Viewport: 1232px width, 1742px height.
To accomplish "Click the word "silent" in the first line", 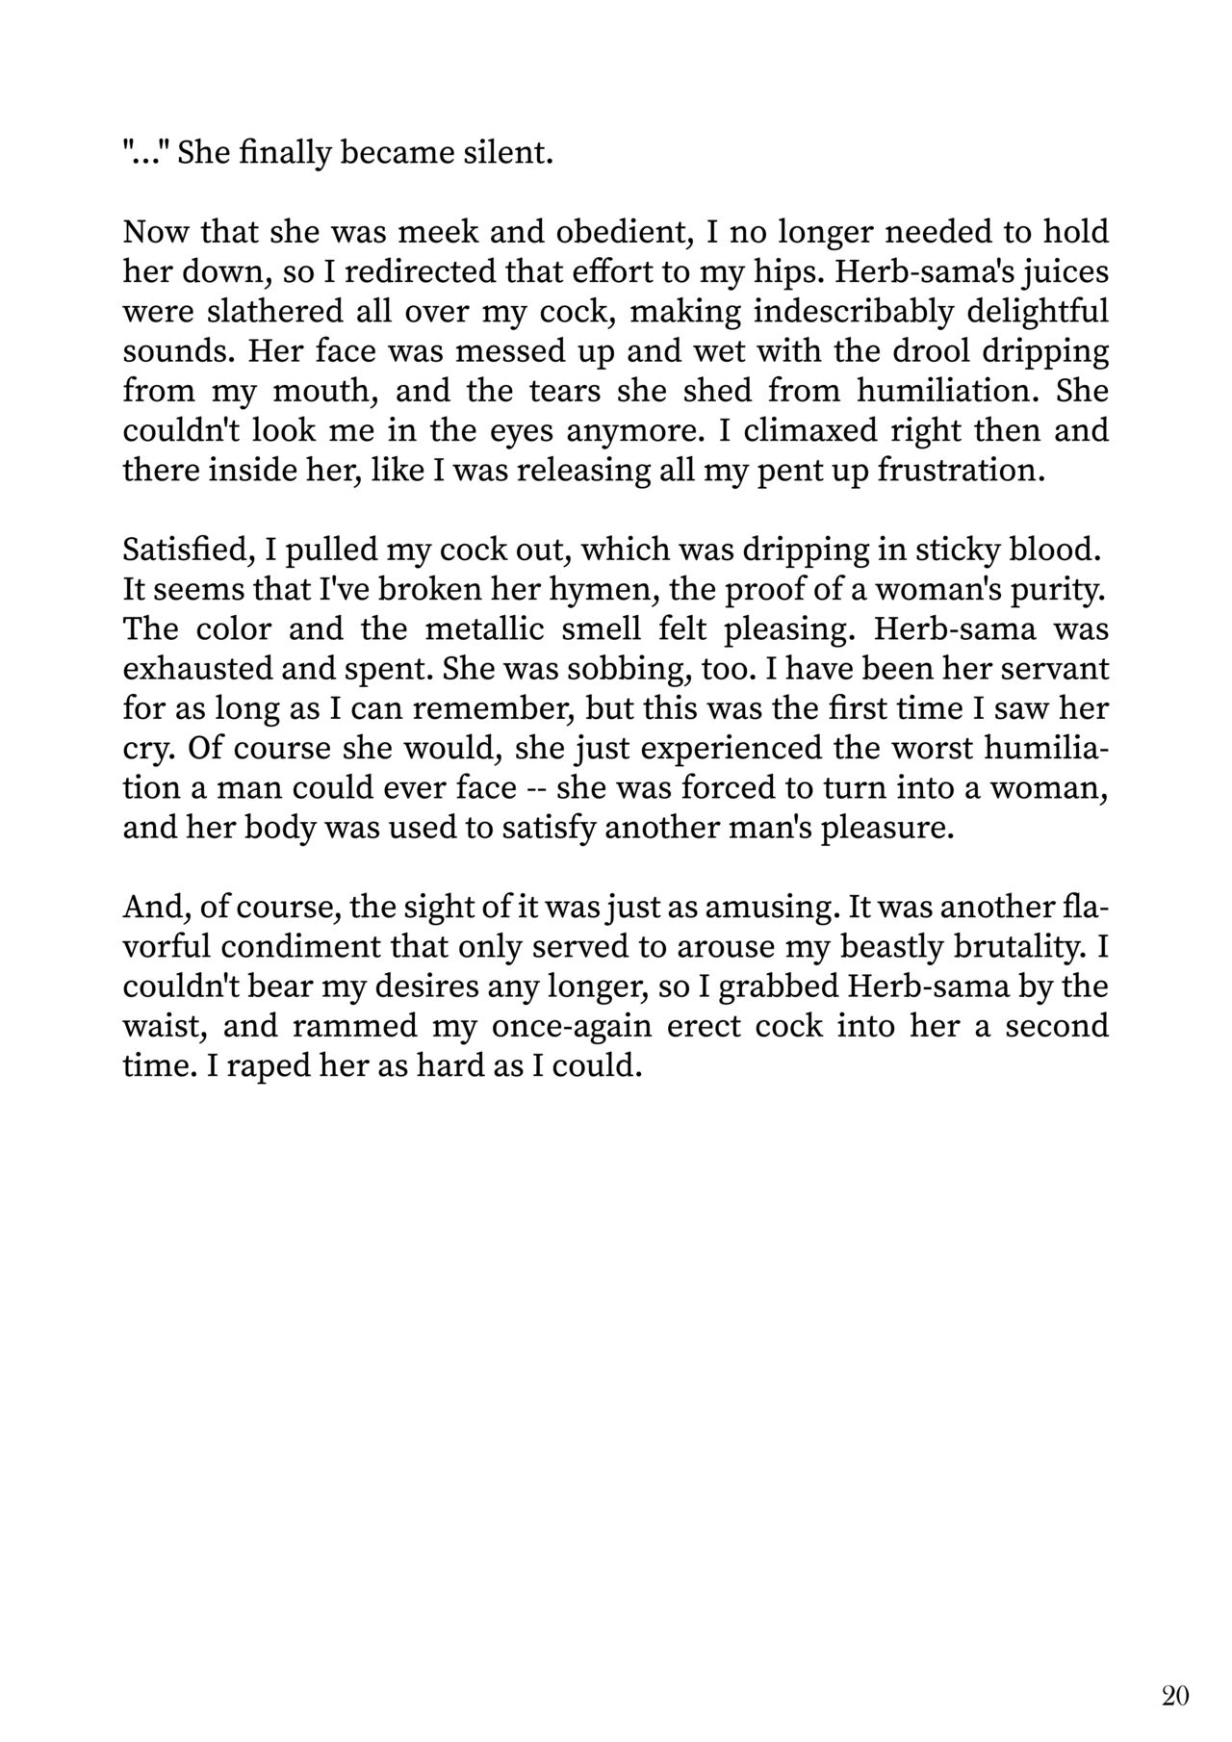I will tap(510, 153).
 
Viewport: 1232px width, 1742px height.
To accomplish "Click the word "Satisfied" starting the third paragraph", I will tap(184, 550).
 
